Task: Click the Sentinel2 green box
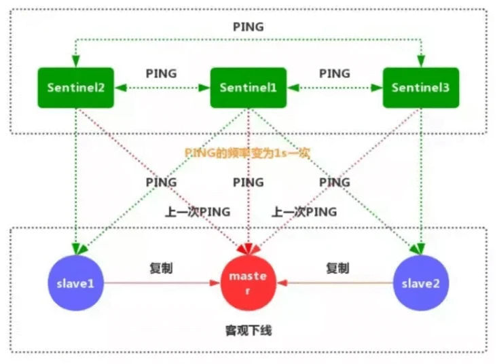76,88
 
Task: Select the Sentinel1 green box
248,88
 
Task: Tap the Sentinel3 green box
421,88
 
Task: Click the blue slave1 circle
76,283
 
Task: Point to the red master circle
248,283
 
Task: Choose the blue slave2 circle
421,283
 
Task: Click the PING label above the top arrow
248,27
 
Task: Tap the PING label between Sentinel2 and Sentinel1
162,73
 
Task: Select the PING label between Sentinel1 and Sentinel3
335,73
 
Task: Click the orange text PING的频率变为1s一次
247,153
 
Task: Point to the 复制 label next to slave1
162,268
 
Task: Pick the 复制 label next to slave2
338,268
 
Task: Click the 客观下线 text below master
248,331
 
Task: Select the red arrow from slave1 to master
162,283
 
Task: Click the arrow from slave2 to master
335,283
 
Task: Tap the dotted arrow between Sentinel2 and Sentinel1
162,88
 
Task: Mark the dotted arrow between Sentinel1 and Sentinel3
335,88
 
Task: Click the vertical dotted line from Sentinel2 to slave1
76,181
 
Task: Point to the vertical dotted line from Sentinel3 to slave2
421,181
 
